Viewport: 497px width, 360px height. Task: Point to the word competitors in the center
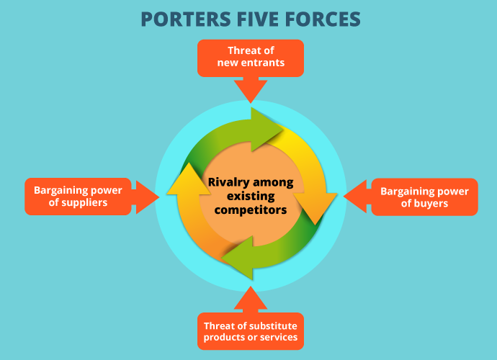pyautogui.click(x=250, y=210)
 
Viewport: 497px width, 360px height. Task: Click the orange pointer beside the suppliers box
pyautogui.click(x=145, y=197)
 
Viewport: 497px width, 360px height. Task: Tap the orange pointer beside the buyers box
pyautogui.click(x=356, y=197)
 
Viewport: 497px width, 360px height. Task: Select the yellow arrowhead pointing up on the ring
pyautogui.click(x=184, y=180)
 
